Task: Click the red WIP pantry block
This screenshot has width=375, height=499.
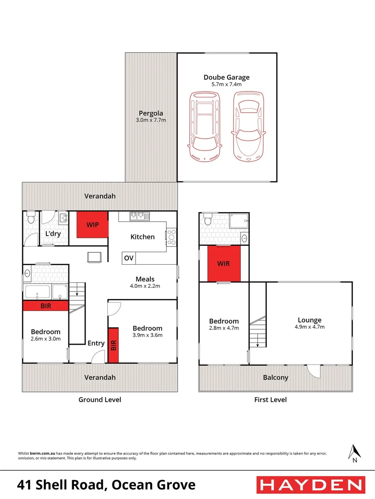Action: [x=92, y=225]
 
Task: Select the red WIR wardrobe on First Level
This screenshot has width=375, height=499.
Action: [x=224, y=263]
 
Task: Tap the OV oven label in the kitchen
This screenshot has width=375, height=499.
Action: [x=129, y=258]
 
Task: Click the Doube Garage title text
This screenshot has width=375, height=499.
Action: [x=227, y=78]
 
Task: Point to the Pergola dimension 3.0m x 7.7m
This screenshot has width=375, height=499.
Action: [x=151, y=120]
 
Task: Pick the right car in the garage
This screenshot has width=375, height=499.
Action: [x=249, y=126]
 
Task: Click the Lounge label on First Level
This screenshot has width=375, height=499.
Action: [x=309, y=320]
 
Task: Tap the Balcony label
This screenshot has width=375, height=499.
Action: [x=276, y=377]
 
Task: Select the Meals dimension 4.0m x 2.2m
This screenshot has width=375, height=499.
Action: [x=145, y=286]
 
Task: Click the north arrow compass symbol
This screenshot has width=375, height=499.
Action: [x=354, y=453]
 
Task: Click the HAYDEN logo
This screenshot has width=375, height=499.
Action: [x=310, y=485]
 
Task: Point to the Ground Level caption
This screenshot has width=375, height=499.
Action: [x=100, y=400]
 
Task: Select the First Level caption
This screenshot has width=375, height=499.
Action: [x=270, y=400]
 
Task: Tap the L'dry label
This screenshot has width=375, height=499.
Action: [x=53, y=234]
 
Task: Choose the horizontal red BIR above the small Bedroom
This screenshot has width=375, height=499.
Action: [x=46, y=306]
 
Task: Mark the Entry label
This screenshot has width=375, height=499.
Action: [x=97, y=343]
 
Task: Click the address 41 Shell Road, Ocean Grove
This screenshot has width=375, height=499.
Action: [x=106, y=485]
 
